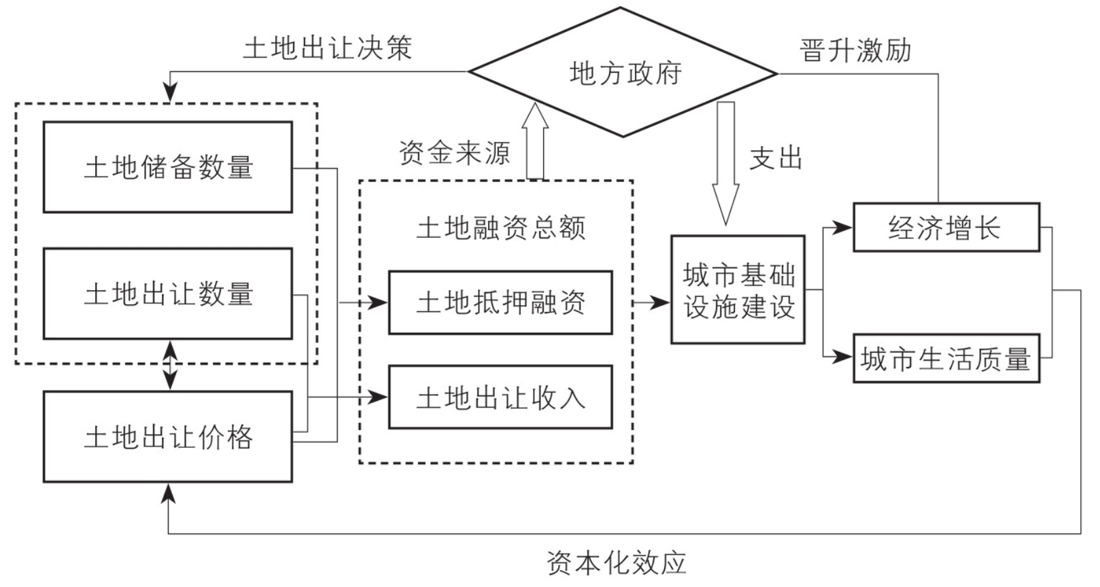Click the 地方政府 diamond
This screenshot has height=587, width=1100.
[623, 72]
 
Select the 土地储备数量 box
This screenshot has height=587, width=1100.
[168, 167]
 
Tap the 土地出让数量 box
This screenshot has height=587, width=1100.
[168, 293]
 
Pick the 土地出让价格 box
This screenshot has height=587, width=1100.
[168, 437]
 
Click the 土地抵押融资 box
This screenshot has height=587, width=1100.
[500, 302]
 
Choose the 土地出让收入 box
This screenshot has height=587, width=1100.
[500, 397]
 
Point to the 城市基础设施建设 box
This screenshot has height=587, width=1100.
[738, 289]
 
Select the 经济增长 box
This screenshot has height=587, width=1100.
[946, 227]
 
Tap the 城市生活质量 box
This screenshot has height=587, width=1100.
[946, 358]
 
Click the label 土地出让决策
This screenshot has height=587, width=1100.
[328, 49]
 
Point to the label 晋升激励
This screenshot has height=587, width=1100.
[855, 50]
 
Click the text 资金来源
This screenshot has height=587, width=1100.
[454, 153]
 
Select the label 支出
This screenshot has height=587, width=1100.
[776, 158]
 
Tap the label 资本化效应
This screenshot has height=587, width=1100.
[617, 563]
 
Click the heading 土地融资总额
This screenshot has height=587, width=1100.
[501, 228]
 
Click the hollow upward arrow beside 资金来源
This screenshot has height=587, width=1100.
[535, 141]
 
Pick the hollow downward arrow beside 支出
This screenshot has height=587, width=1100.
[726, 164]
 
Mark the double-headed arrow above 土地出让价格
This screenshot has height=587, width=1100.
[170, 365]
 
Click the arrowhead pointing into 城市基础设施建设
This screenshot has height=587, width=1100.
[660, 303]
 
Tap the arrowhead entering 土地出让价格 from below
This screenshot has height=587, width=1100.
[169, 494]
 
